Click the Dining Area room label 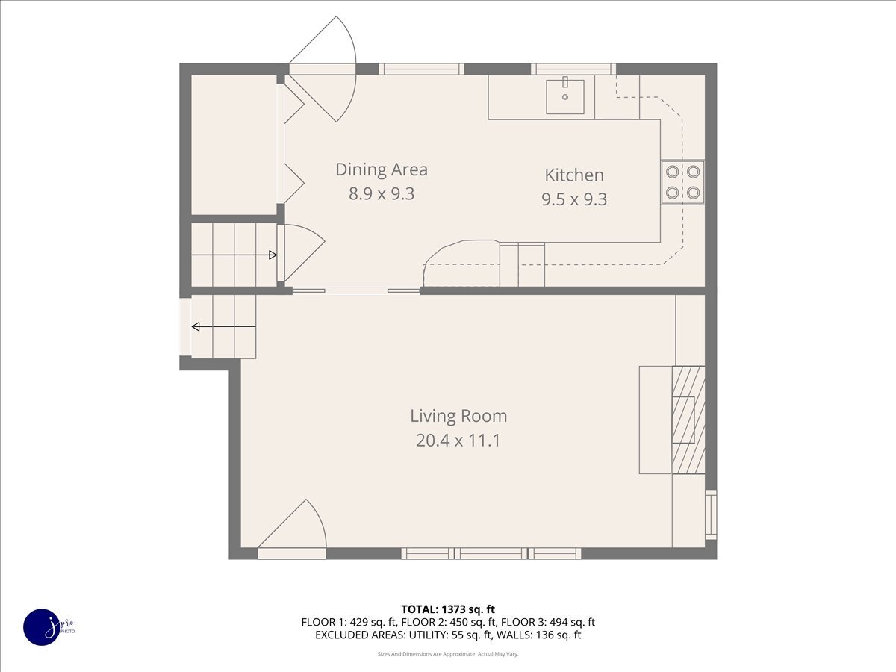tap(382, 169)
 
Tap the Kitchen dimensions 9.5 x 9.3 tap(574, 199)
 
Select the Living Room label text tap(458, 416)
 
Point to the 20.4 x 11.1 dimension tap(458, 441)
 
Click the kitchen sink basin tap(565, 96)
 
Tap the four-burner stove tap(682, 182)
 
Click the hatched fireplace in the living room tap(688, 420)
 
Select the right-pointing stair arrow tap(234, 255)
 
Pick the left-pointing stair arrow tap(224, 326)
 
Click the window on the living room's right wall tap(711, 514)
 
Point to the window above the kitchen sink tap(573, 69)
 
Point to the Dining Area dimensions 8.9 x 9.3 tap(382, 194)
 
